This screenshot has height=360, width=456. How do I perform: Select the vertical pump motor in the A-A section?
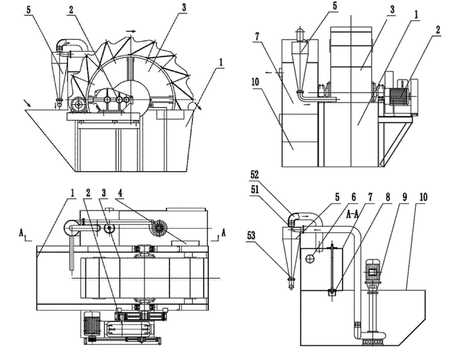click(373, 273)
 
